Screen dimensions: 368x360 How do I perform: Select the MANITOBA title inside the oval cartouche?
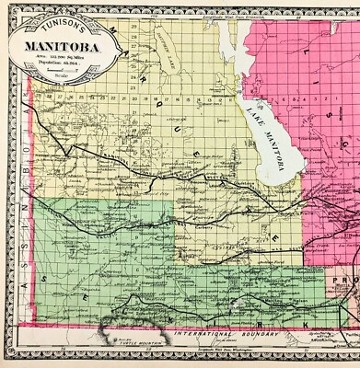(63, 41)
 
